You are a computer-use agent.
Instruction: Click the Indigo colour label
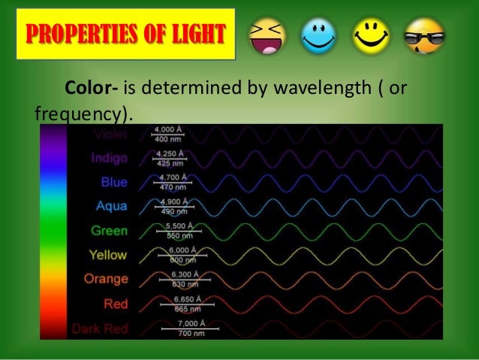coord(109,159)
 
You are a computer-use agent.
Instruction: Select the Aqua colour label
coord(112,207)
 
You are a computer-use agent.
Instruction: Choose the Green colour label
coord(109,231)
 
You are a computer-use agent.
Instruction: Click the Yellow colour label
coord(108,255)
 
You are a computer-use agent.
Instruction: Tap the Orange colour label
coord(106,279)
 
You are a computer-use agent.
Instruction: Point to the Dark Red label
coord(100,328)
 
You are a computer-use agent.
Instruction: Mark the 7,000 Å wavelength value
coord(177,323)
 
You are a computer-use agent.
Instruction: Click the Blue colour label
coord(114,183)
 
